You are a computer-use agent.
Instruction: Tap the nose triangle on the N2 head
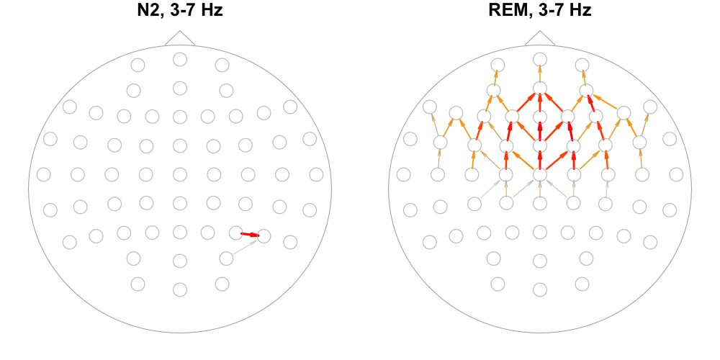pyautogui.click(x=180, y=39)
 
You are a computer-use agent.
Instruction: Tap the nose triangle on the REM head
pyautogui.click(x=540, y=39)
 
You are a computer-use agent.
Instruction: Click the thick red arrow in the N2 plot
pyautogui.click(x=249, y=234)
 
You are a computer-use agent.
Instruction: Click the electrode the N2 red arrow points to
pyautogui.click(x=264, y=235)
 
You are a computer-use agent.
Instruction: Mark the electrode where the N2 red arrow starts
pyautogui.click(x=235, y=233)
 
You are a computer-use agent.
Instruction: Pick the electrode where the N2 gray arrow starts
pyautogui.click(x=226, y=258)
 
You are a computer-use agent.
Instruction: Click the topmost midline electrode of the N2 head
pyautogui.click(x=180, y=59)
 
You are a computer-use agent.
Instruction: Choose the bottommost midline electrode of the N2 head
pyautogui.click(x=180, y=289)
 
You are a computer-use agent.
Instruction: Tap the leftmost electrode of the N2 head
pyautogui.click(x=44, y=174)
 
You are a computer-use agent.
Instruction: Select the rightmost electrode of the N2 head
pyautogui.click(x=316, y=174)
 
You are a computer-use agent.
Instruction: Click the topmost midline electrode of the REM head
pyautogui.click(x=540, y=59)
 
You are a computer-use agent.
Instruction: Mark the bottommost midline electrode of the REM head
pyautogui.click(x=540, y=289)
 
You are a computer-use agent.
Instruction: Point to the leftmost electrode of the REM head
pyautogui.click(x=404, y=174)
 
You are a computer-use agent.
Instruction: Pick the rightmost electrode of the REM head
pyautogui.click(x=676, y=174)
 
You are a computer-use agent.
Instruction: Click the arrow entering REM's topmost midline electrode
pyautogui.click(x=540, y=73)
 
